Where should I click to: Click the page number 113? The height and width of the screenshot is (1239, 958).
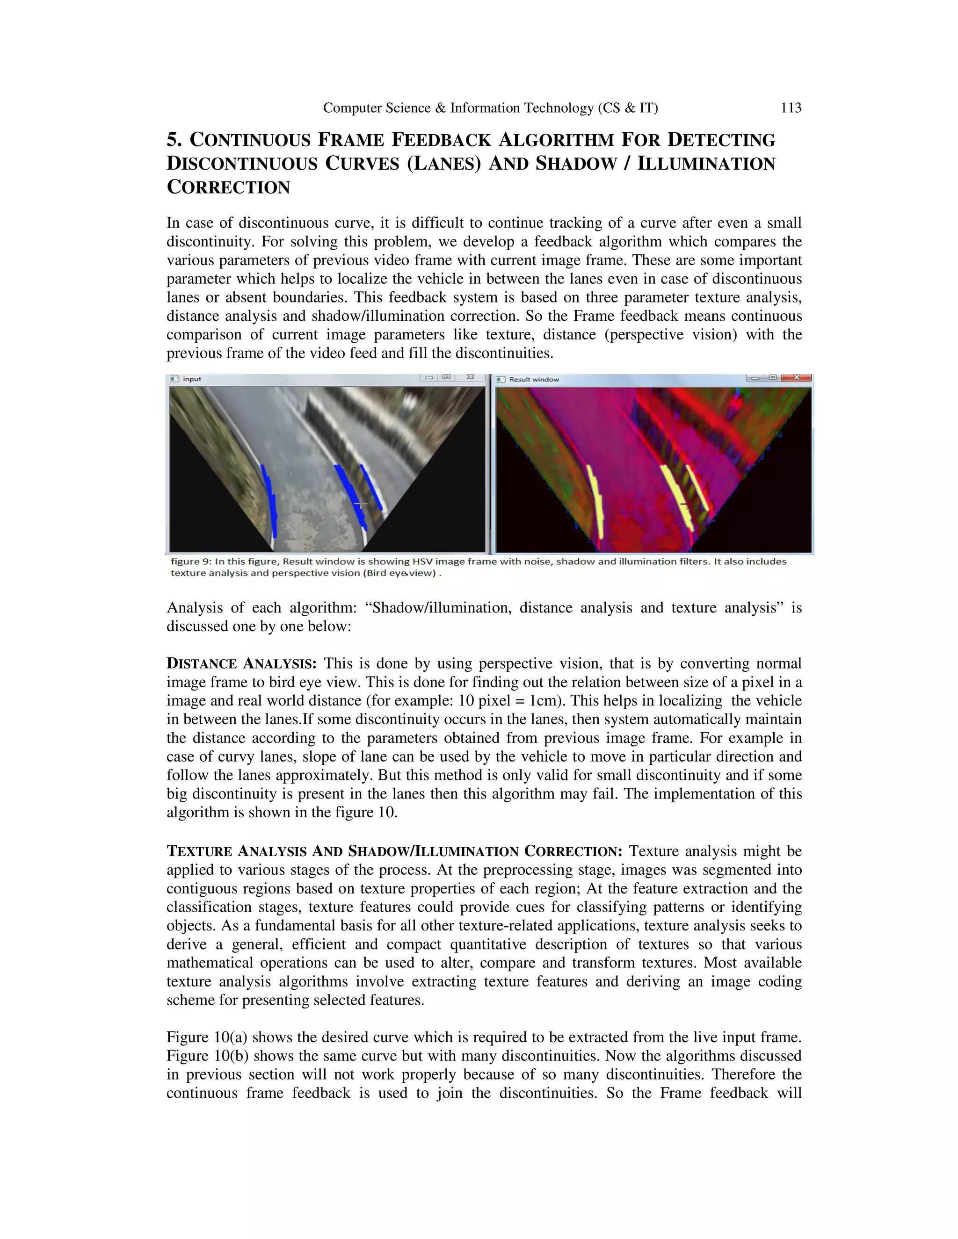pyautogui.click(x=791, y=108)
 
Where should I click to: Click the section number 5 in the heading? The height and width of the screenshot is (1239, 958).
pyautogui.click(x=173, y=139)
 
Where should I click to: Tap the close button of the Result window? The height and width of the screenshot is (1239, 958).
pyautogui.click(x=796, y=377)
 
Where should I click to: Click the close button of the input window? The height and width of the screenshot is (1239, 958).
pyautogui.click(x=470, y=377)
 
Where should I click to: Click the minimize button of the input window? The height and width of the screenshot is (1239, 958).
pyautogui.click(x=429, y=377)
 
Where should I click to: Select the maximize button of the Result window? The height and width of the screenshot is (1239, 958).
pyautogui.click(x=772, y=377)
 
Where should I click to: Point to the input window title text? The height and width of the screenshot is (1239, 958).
pyautogui.click(x=192, y=379)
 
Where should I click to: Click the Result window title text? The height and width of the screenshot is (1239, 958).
pyautogui.click(x=533, y=380)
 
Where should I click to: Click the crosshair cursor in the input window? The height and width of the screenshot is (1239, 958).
pyautogui.click(x=360, y=504)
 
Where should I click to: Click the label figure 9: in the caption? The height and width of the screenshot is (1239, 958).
pyautogui.click(x=191, y=562)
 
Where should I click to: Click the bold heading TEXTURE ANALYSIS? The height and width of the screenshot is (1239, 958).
pyautogui.click(x=238, y=851)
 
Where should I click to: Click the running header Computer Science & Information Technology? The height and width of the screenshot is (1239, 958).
pyautogui.click(x=490, y=108)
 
